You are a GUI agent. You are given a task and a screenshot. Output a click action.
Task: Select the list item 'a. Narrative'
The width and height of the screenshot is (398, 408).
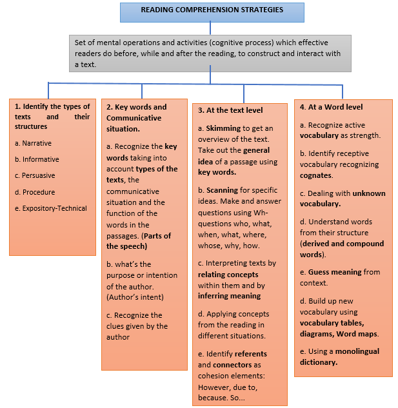click(x=33, y=143)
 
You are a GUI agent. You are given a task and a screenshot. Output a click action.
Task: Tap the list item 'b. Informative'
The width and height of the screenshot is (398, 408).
click(x=37, y=159)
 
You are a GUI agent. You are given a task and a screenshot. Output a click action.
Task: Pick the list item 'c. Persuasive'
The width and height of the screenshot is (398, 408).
click(x=35, y=175)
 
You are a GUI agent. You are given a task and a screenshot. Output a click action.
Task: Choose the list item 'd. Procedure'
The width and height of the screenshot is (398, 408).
click(x=35, y=192)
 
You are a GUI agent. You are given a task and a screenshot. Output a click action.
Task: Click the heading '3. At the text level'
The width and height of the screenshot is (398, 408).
click(x=230, y=110)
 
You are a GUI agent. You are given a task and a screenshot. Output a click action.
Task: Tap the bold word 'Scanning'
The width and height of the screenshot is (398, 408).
click(x=222, y=191)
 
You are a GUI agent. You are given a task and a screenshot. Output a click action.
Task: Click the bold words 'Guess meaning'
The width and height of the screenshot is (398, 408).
click(x=334, y=272)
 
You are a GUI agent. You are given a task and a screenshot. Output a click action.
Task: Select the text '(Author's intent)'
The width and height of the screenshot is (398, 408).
click(x=135, y=296)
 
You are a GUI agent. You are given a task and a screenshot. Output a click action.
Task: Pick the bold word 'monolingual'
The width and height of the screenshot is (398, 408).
click(x=356, y=351)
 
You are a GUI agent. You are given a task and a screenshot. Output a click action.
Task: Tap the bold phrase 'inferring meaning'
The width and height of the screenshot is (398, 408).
click(x=229, y=296)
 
